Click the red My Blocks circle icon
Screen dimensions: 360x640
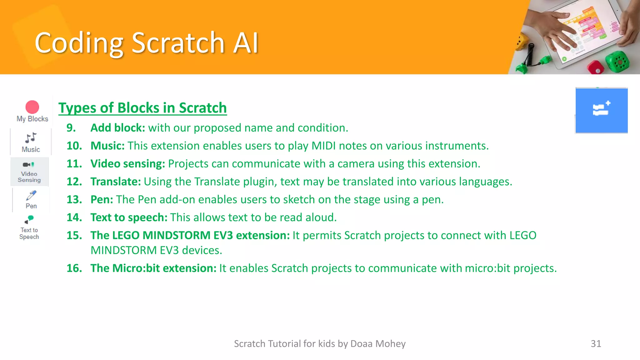point(32,107)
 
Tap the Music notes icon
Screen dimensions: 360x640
point(31,137)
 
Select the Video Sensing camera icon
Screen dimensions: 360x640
point(28,165)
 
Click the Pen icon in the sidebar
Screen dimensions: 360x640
point(31,196)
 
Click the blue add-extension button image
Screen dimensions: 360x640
point(602,111)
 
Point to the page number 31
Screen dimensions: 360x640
point(596,344)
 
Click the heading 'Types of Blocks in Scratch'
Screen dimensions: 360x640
point(142,108)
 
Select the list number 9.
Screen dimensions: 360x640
point(71,128)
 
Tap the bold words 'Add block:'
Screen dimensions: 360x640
point(118,128)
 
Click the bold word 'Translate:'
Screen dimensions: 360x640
point(116,182)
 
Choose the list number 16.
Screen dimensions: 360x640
point(74,268)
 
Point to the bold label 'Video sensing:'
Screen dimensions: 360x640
point(127,164)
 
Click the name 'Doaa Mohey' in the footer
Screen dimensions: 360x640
point(378,344)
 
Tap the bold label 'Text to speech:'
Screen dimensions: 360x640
point(129,217)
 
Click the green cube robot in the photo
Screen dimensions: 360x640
point(617,61)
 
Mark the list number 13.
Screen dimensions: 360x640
point(74,199)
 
